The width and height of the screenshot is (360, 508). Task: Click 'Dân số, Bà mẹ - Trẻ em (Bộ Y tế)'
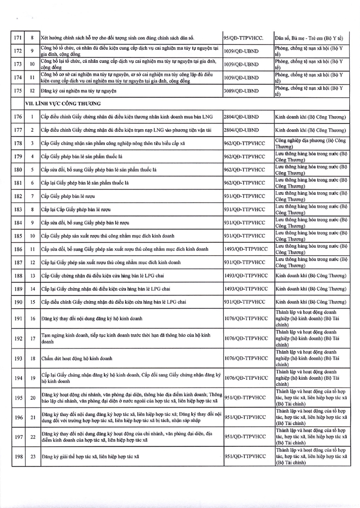(309, 37)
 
